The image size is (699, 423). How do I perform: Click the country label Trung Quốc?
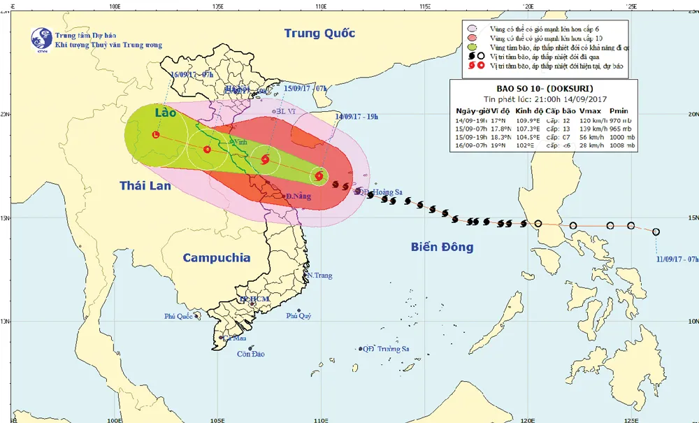tap(319, 33)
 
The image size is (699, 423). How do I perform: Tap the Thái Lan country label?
tap(145, 186)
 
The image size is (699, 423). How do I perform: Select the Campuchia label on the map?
tap(217, 258)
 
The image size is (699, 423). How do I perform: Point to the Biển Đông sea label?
tap(442, 247)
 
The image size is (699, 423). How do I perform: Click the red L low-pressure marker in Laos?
tap(156, 135)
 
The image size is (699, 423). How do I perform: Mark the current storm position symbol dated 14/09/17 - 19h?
tap(319, 176)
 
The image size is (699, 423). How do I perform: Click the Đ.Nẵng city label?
tap(298, 196)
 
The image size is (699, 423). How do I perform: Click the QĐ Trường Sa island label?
tap(384, 349)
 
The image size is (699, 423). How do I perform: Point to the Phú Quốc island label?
tap(178, 316)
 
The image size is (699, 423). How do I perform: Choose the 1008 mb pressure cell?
tap(620, 147)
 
